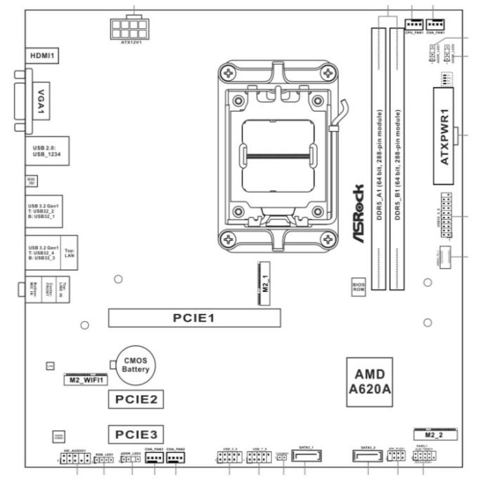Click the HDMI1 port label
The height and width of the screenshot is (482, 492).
(x=42, y=54)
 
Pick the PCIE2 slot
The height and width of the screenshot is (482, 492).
(x=136, y=400)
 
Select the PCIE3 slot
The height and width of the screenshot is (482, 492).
(x=136, y=432)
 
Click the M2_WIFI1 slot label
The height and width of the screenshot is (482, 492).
(x=86, y=381)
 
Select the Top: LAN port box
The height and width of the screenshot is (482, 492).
(x=68, y=253)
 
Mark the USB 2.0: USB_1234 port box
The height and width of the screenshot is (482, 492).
(x=45, y=150)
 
